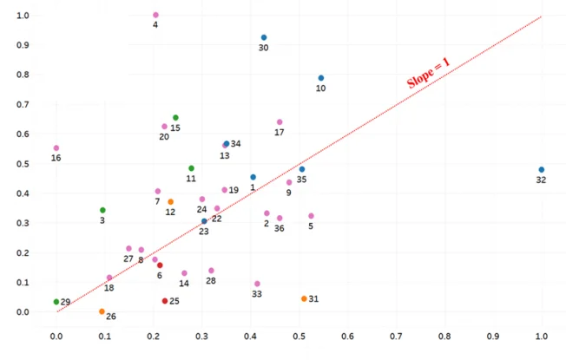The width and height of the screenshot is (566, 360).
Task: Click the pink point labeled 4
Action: point(155,15)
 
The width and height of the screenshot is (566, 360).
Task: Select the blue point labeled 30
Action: point(264,37)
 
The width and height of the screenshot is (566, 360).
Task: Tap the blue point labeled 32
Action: point(542,170)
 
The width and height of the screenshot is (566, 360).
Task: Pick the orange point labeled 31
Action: point(304,298)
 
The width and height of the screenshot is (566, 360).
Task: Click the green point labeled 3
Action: point(102,210)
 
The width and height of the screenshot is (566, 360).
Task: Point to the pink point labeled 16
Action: point(56,148)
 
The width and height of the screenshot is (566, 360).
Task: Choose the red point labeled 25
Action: point(165,301)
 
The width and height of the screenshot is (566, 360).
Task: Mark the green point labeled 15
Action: point(175,118)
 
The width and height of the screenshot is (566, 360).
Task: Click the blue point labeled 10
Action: point(321,78)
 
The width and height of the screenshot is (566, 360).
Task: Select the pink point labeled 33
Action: point(257,284)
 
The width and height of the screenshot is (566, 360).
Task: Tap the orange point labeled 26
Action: point(102,311)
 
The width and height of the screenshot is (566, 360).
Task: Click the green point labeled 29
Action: point(56,302)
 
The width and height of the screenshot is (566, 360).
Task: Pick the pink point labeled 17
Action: point(280,122)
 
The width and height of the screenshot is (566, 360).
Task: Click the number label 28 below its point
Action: point(211,282)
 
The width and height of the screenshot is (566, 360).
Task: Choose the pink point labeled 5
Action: point(311,216)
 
